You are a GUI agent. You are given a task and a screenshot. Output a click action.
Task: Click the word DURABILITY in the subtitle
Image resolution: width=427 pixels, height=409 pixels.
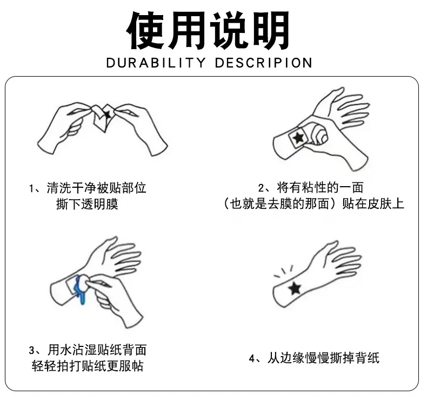[x=156, y=63]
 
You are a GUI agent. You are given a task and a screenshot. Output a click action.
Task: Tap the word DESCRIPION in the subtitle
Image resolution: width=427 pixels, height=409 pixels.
[x=263, y=63]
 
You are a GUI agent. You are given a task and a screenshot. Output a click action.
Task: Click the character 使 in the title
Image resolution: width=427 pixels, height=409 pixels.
[x=146, y=30]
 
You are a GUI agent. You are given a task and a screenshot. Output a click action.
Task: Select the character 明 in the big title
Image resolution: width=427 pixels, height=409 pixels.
[x=270, y=30]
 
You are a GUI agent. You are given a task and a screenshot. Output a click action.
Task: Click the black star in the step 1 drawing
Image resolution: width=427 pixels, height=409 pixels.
[x=108, y=114]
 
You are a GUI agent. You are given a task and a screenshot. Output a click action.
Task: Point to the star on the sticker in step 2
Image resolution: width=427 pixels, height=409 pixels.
[x=298, y=138]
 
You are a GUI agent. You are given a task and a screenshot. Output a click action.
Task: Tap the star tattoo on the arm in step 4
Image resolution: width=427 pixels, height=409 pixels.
[x=295, y=289]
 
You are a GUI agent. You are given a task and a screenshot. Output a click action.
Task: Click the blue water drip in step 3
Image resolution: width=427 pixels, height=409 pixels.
[x=81, y=289]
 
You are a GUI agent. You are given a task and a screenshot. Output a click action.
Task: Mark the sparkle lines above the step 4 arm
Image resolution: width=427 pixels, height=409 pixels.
[x=283, y=271]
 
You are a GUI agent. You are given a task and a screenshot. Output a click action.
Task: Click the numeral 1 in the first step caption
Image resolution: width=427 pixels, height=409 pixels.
[x=31, y=188]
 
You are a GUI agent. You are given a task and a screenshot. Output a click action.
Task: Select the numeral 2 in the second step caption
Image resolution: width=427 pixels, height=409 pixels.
[x=261, y=188]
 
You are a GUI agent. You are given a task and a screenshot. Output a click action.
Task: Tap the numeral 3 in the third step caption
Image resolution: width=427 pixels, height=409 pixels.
[x=32, y=350]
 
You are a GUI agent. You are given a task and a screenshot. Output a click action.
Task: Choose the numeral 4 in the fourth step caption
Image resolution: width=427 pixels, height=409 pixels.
[x=252, y=358]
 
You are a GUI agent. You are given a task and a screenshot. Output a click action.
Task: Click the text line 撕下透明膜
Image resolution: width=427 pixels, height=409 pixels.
[x=87, y=204]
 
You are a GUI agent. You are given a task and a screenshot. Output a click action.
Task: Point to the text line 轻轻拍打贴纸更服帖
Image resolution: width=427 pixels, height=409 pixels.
[x=88, y=366]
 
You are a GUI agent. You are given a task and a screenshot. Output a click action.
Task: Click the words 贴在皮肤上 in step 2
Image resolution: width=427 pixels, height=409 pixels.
[x=373, y=203]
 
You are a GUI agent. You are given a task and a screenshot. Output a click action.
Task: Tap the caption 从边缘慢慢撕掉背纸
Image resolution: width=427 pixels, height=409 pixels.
[x=323, y=358]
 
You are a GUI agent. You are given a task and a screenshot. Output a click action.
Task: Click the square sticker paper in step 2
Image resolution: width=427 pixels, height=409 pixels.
[x=299, y=139]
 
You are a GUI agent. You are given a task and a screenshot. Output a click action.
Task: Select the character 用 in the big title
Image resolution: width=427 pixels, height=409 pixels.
[x=188, y=30]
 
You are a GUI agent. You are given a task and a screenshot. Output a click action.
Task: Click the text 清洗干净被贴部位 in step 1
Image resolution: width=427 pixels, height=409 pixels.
[x=96, y=188]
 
